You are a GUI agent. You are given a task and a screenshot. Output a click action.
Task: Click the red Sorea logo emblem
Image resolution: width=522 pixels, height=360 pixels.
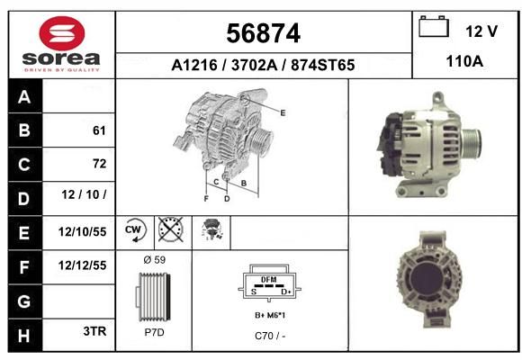coord(62,33)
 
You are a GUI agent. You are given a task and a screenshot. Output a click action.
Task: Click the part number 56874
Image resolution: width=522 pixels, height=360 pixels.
coord(264,33)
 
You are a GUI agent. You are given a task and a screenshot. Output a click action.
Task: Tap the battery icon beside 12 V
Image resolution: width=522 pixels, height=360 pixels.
coord(434,26)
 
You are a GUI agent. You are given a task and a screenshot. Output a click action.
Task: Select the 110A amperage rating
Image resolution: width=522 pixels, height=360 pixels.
coord(464,61)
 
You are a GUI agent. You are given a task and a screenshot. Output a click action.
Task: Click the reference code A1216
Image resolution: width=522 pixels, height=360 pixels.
coord(194,65)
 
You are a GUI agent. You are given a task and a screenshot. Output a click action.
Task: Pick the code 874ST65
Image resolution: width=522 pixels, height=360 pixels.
coord(322,65)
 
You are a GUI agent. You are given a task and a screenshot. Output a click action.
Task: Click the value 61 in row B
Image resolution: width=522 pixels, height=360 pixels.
coord(99,130)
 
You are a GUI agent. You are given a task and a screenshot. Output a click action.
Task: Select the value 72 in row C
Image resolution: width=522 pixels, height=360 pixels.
coord(100,164)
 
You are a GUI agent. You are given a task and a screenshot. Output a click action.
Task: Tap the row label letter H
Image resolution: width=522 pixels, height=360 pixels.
coord(24,336)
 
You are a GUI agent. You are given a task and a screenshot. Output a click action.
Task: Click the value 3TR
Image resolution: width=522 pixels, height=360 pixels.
coord(94,331)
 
